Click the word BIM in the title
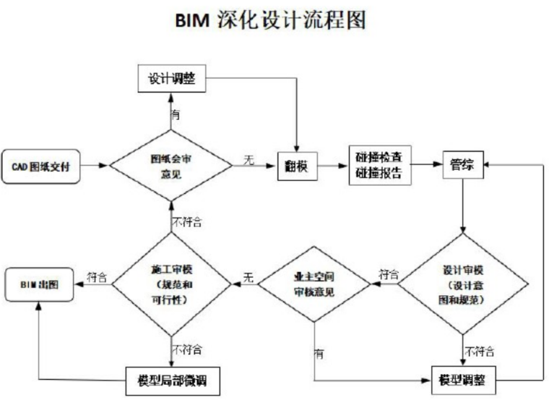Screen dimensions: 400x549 (194, 21)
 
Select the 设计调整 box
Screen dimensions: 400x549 (171, 77)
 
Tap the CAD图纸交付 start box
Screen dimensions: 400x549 (40, 166)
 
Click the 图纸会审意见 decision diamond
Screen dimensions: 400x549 (171, 166)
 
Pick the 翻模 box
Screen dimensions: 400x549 (297, 166)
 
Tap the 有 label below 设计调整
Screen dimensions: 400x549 (176, 114)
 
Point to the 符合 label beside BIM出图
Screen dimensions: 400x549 (97, 277)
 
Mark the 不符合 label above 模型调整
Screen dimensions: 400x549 (480, 352)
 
